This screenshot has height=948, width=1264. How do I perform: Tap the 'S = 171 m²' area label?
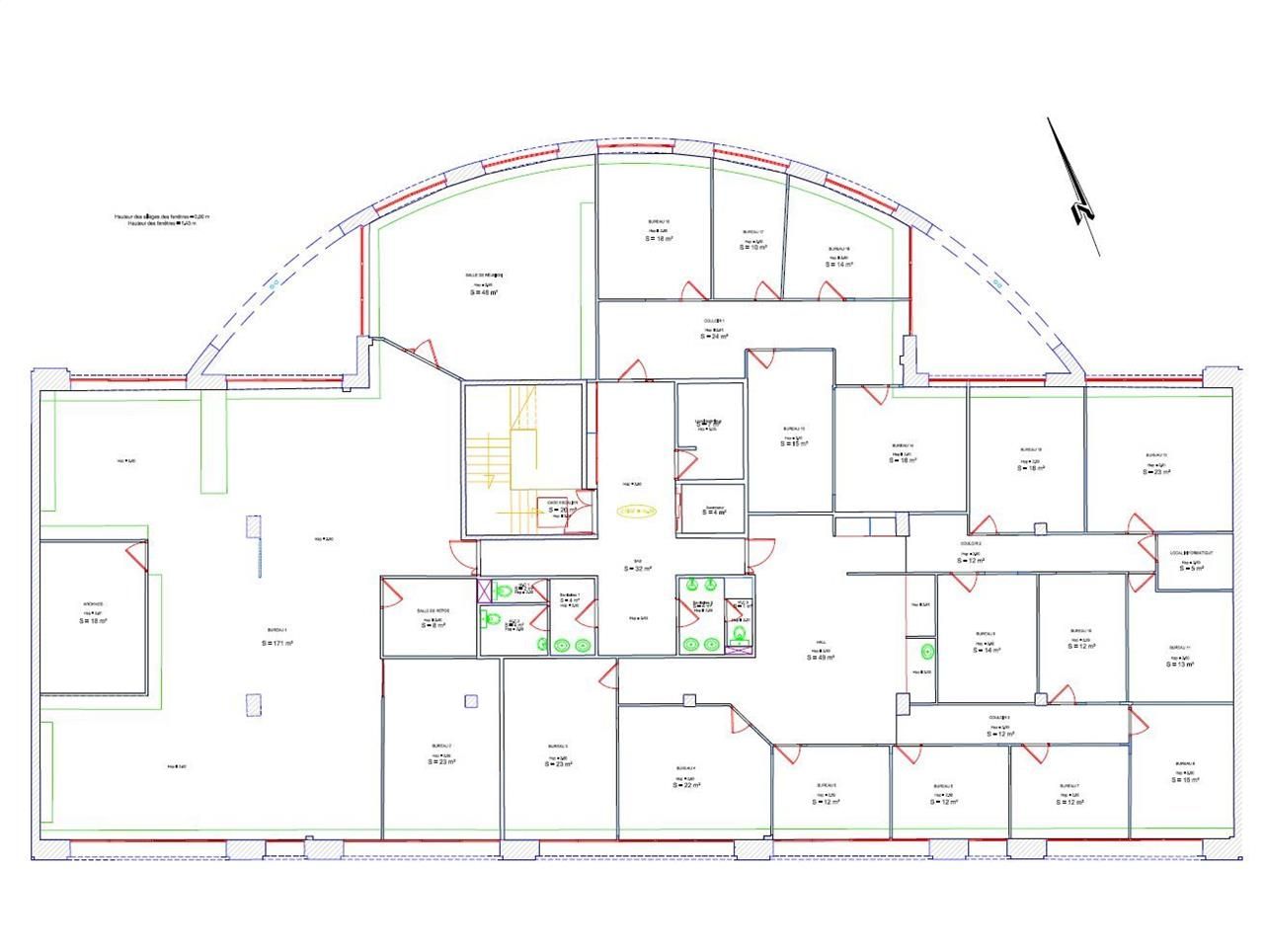click(276, 643)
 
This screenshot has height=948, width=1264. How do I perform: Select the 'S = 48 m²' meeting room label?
click(483, 292)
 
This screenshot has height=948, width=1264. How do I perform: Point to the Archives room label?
click(94, 603)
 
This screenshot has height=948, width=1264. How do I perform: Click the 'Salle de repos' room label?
click(433, 611)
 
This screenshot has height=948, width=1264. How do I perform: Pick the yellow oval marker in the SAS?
click(637, 511)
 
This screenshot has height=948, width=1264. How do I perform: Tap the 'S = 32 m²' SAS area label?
click(637, 569)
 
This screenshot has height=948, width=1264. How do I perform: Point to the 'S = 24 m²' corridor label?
click(714, 337)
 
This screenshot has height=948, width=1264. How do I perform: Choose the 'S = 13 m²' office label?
click(1181, 665)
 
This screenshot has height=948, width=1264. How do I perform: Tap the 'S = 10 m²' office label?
click(753, 248)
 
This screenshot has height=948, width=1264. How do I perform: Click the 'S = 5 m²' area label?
click(1194, 568)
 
